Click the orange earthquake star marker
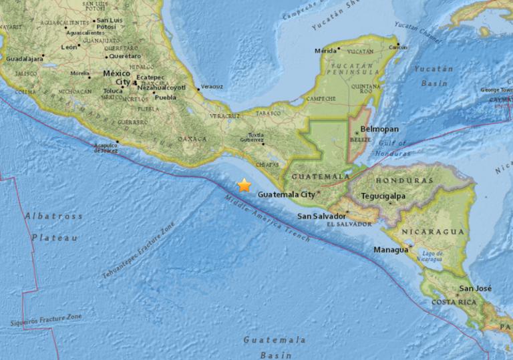(x=244, y=186)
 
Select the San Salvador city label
(x=321, y=216)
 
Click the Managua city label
(x=391, y=250)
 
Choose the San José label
(x=475, y=289)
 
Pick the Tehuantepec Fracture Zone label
(x=138, y=250)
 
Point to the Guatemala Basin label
(x=265, y=347)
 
